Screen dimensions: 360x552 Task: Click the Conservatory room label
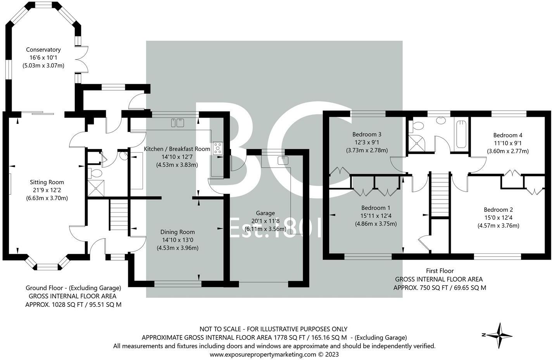click(43, 50)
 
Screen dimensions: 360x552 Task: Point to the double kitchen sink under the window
click(177, 123)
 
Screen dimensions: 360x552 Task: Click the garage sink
click(283, 160)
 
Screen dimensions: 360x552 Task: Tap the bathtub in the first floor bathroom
click(461, 134)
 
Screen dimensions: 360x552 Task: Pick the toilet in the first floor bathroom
click(417, 126)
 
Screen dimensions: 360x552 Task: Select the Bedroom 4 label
click(507, 135)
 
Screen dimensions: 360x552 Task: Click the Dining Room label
click(178, 232)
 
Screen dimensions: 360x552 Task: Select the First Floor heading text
click(440, 271)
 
